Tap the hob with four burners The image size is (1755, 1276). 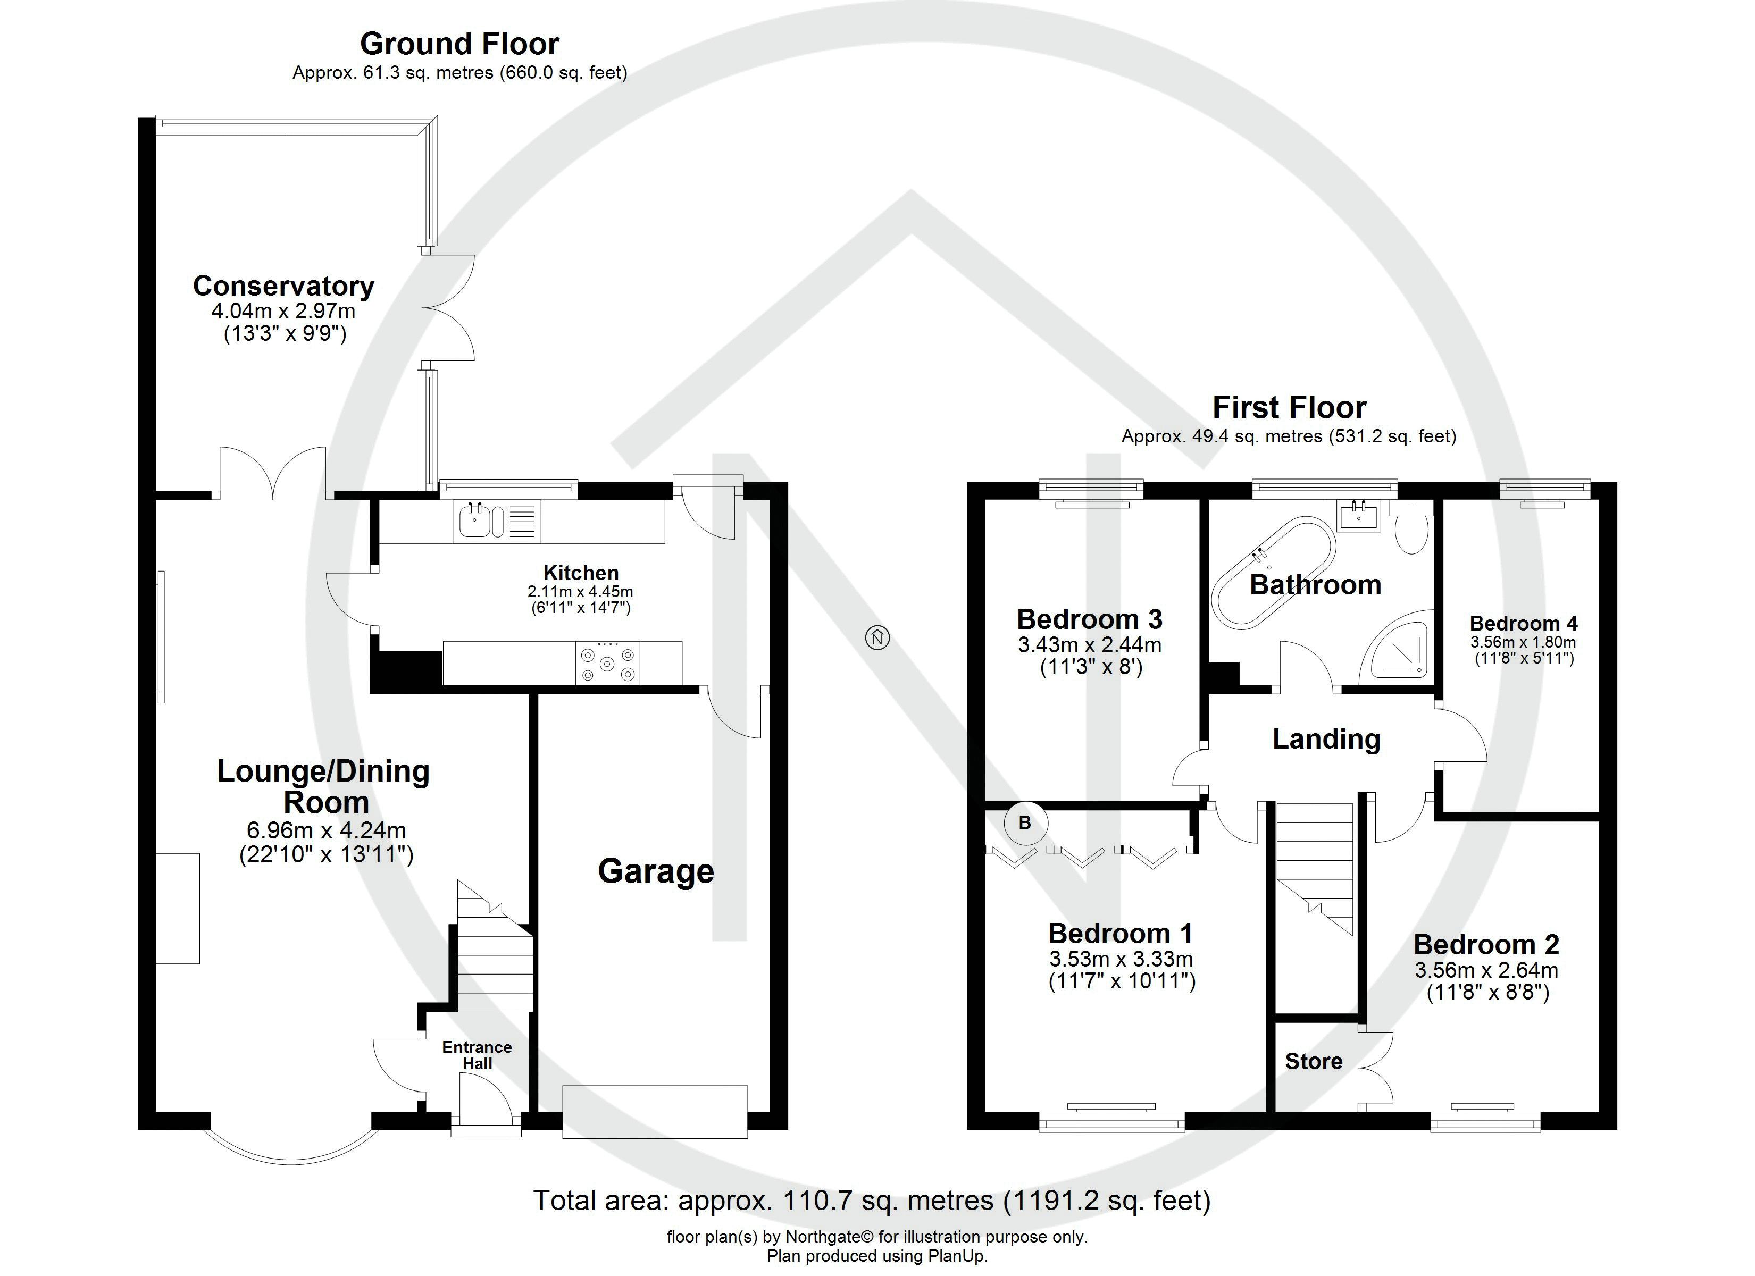pos(607,663)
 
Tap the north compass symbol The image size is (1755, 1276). pos(878,637)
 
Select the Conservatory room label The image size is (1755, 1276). pos(283,287)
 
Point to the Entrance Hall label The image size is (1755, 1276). pos(477,1055)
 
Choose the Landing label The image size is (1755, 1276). pos(1326,739)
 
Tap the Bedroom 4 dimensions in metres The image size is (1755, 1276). pos(1523,642)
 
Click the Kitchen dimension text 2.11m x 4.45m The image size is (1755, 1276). pos(580,592)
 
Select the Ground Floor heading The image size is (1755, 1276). pos(459,44)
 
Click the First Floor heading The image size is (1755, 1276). pos(1289,407)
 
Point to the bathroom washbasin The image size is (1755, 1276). pos(1359,515)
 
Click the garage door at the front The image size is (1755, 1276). pos(655,1112)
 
